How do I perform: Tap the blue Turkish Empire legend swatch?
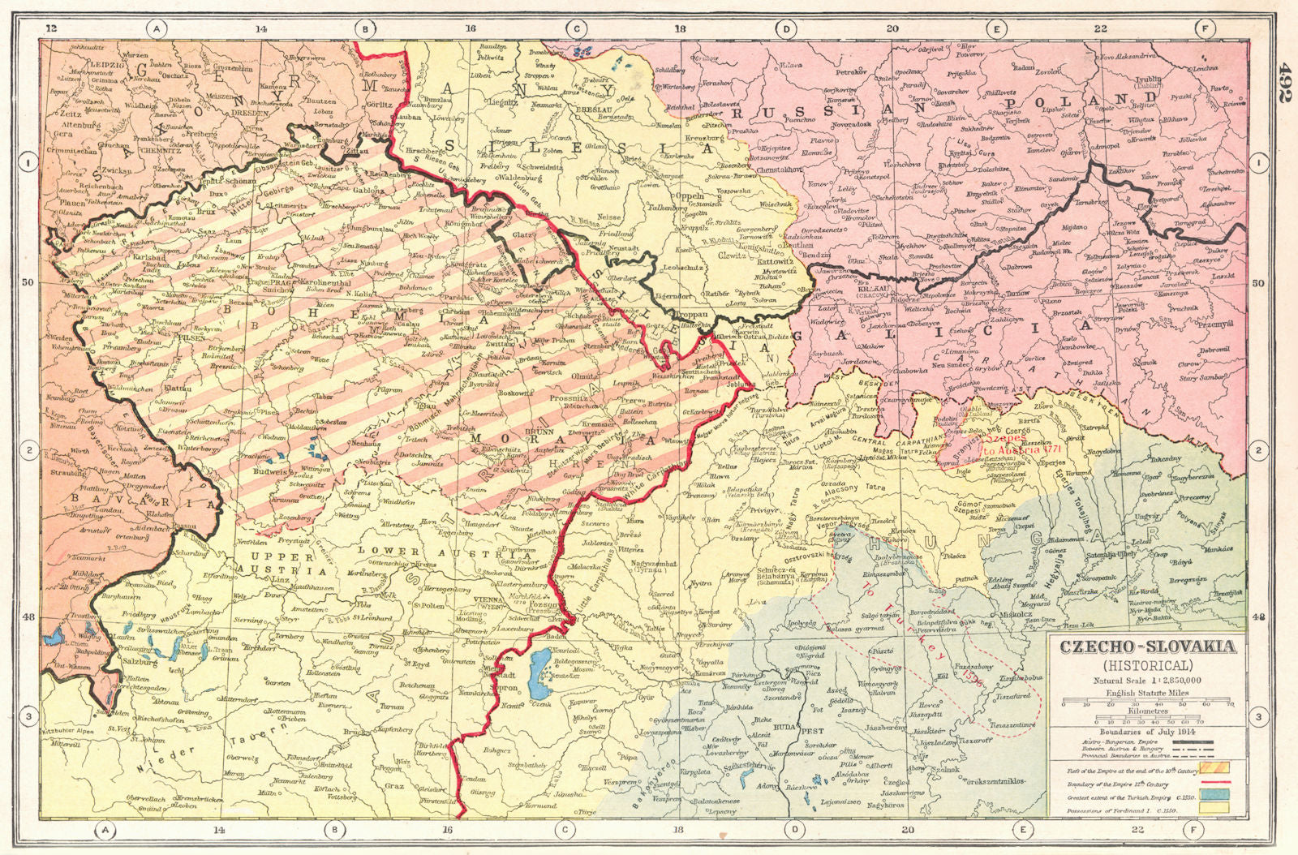[x=1220, y=793]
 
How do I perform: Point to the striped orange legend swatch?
[x=1220, y=766]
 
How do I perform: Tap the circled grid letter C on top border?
[x=575, y=29]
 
